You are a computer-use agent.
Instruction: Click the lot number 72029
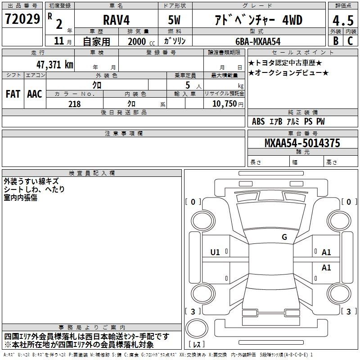pos(22,19)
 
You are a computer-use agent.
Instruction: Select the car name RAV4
pos(117,20)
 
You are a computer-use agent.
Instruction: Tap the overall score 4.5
pos(343,20)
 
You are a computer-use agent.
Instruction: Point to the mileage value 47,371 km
pos(54,64)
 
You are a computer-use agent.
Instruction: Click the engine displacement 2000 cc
pos(141,41)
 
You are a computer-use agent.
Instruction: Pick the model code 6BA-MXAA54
pos(258,41)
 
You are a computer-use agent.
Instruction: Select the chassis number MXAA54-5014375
pos(302,143)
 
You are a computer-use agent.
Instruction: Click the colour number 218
pos(74,104)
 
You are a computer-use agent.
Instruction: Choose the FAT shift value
pos(13,94)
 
